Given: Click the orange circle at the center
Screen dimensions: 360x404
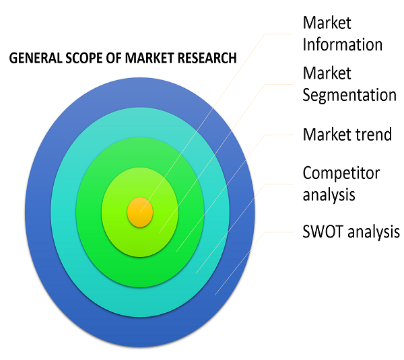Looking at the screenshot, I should [x=140, y=211].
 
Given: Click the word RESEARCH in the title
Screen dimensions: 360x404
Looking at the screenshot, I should [x=207, y=59].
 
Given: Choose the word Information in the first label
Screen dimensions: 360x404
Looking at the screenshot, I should [x=343, y=45].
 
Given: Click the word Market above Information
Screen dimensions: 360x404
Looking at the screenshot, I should [x=327, y=23].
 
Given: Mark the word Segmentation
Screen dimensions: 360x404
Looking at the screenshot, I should [x=349, y=95].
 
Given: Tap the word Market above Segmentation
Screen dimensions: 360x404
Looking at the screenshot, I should [x=327, y=72].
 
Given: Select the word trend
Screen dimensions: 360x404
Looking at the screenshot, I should [x=374, y=134].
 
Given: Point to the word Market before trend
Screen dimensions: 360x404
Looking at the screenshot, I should [x=327, y=134].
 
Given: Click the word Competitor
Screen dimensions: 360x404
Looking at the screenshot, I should [x=341, y=173].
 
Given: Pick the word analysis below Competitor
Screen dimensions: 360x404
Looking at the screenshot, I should [x=329, y=195].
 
